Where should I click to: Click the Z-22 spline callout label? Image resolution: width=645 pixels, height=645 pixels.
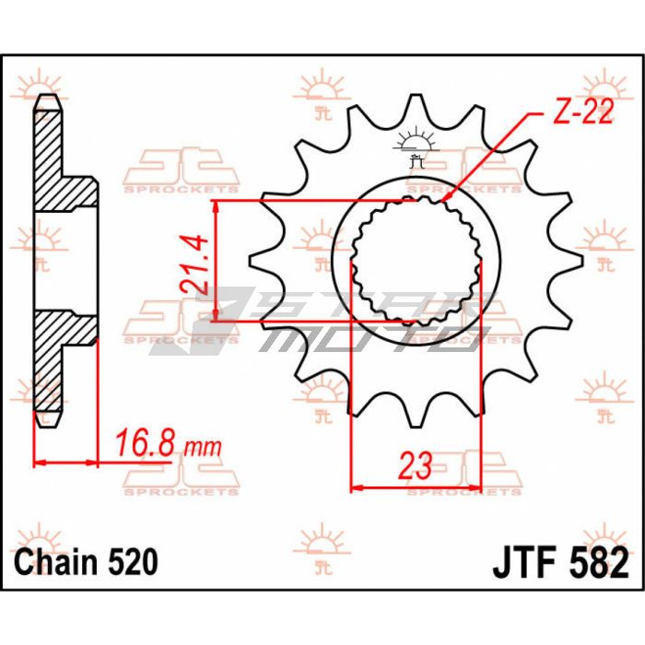pyautogui.click(x=583, y=112)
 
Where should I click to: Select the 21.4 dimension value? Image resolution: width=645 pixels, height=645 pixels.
pyautogui.click(x=193, y=264)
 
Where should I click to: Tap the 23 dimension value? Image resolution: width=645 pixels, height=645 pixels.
pyautogui.click(x=416, y=466)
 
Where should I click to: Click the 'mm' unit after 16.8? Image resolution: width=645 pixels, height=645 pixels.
pyautogui.click(x=203, y=447)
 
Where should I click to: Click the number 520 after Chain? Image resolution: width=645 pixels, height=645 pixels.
pyautogui.click(x=133, y=561)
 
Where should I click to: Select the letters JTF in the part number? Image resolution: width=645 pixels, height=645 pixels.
pyautogui.click(x=523, y=562)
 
